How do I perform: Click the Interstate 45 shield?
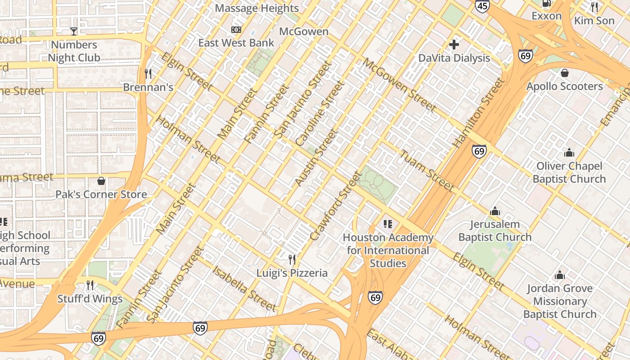(x=482, y=5)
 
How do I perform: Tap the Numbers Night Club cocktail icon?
(x=74, y=31)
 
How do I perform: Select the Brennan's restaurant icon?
(x=148, y=73)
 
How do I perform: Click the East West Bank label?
(x=236, y=43)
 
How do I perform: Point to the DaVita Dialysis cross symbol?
(x=454, y=44)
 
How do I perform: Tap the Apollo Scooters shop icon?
(x=565, y=73)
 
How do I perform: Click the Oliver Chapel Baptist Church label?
(x=569, y=172)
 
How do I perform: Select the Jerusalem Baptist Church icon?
(x=495, y=211)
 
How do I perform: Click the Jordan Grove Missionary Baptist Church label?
(x=560, y=301)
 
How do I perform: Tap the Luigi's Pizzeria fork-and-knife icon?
(x=292, y=259)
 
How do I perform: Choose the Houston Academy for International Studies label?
(x=388, y=250)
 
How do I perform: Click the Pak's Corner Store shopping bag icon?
(x=101, y=181)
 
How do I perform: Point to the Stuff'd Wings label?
(x=90, y=299)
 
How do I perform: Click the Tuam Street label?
(x=427, y=171)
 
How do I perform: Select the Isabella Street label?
(x=244, y=288)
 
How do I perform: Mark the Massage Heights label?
(x=256, y=8)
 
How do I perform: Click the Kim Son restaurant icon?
(x=594, y=7)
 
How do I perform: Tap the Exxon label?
(x=546, y=16)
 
